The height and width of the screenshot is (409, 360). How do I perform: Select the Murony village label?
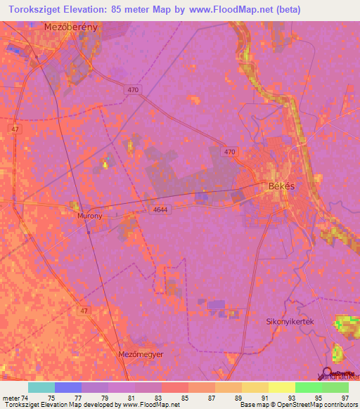tap(89, 216)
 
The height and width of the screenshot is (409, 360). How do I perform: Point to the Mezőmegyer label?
tap(141, 354)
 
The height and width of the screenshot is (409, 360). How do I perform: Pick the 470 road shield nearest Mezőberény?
tap(134, 90)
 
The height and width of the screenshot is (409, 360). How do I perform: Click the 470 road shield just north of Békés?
tap(230, 152)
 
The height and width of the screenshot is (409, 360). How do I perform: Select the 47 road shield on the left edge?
tap(15, 129)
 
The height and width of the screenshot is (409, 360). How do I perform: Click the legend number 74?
tap(28, 397)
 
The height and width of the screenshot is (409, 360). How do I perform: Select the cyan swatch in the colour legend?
tap(41, 387)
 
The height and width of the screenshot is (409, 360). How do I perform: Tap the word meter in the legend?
tap(11, 397)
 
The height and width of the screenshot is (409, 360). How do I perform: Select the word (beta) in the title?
tap(286, 10)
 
